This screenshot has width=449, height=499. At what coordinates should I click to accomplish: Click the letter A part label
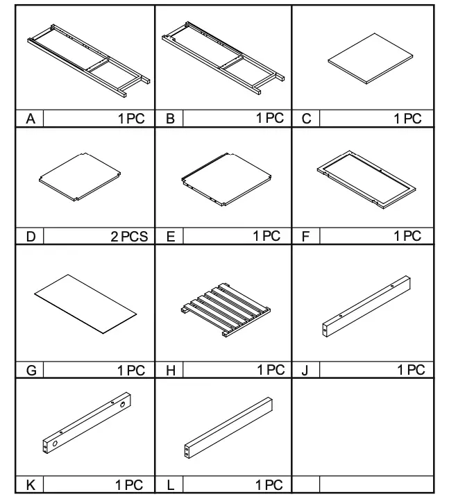31,119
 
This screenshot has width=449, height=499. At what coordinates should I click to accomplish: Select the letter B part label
170,119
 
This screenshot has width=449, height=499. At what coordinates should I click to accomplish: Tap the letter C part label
306,119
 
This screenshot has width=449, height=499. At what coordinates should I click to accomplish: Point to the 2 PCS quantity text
129,237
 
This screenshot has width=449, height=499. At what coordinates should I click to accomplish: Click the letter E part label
170,237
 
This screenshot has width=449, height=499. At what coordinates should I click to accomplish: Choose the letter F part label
306,237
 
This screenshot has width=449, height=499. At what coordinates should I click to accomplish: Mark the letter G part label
31,371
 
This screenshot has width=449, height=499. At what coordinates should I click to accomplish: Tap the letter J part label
305,371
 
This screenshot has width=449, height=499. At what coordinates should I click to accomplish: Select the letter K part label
31,485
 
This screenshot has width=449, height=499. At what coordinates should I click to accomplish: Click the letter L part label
170,485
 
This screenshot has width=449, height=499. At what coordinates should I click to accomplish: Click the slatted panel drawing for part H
224,309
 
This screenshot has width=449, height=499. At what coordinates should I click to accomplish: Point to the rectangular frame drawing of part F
366,180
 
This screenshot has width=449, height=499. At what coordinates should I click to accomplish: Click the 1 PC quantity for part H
271,371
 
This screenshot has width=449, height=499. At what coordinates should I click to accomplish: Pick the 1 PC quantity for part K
131,485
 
